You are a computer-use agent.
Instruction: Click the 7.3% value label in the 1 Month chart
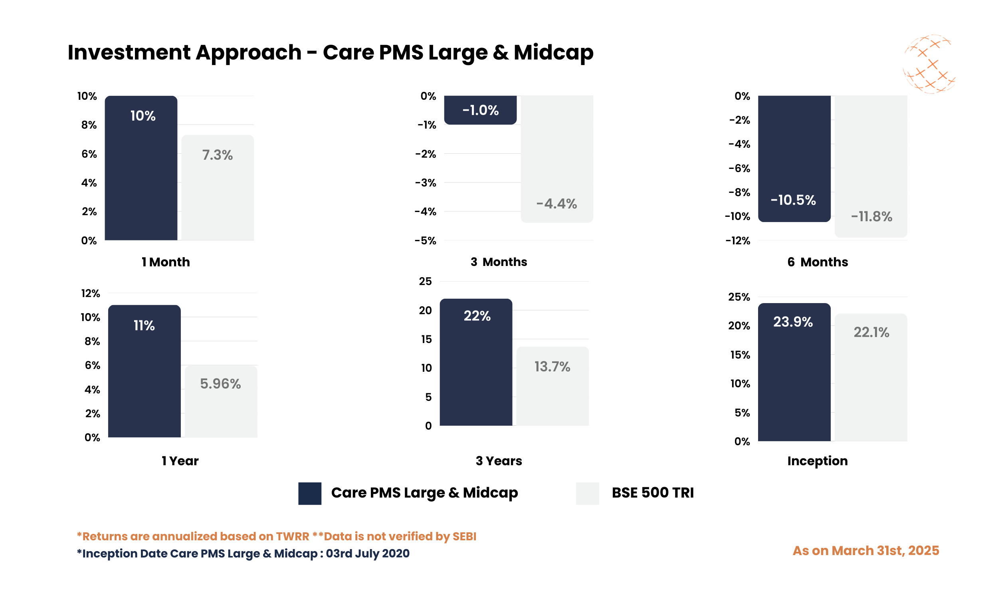coord(217,155)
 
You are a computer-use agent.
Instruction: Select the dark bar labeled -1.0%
coord(480,110)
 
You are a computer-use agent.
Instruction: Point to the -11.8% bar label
coord(871,217)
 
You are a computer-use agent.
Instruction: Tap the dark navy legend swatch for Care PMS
coord(309,493)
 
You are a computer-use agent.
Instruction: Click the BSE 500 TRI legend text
coord(652,493)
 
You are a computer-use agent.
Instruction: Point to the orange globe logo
coord(929,65)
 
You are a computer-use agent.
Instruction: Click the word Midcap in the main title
coord(553,52)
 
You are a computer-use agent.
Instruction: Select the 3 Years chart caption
coord(499,461)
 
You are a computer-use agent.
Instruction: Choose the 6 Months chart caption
coord(817,262)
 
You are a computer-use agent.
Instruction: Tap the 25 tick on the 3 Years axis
coord(425,282)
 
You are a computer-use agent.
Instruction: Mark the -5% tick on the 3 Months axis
coord(425,241)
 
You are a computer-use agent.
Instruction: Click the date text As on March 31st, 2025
coord(865,551)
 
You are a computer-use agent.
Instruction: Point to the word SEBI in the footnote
coord(464,536)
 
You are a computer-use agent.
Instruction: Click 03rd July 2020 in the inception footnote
coord(368,553)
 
